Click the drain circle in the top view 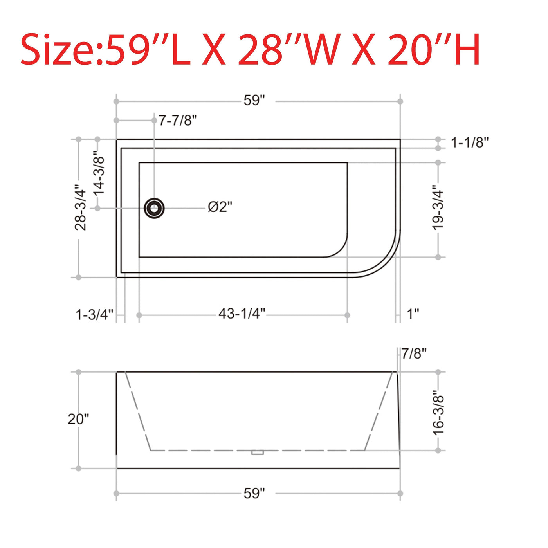pyautogui.click(x=154, y=208)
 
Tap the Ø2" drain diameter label pyautogui.click(x=220, y=207)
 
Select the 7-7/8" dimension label pyautogui.click(x=178, y=121)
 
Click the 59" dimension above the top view pyautogui.click(x=254, y=101)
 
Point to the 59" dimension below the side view pyautogui.click(x=254, y=493)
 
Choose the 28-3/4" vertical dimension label pyautogui.click(x=81, y=207)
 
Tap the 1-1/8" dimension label pyautogui.click(x=470, y=143)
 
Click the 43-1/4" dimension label pyautogui.click(x=242, y=314)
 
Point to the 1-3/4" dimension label pyautogui.click(x=94, y=314)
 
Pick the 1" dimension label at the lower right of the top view pyautogui.click(x=413, y=314)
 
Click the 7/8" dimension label pyautogui.click(x=414, y=354)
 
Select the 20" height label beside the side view pyautogui.click(x=78, y=419)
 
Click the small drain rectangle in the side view pyautogui.click(x=257, y=452)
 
